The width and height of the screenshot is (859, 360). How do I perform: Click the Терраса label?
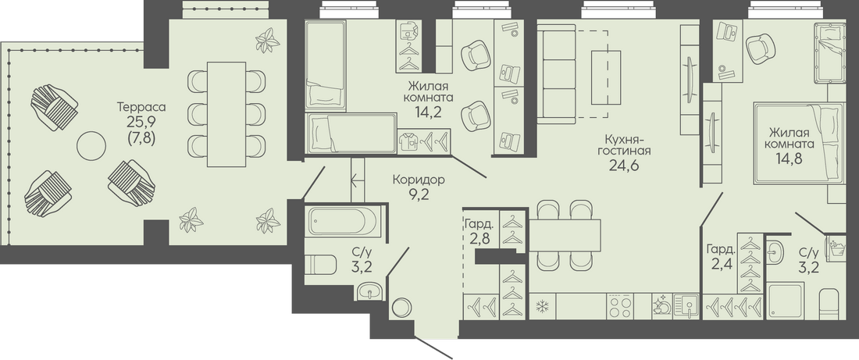click(141, 107)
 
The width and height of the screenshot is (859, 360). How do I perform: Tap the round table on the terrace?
click(91, 146)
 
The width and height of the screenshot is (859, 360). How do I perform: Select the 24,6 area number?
click(624, 165)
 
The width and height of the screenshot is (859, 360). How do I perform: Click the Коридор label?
click(419, 179)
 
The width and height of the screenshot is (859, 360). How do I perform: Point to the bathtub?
click(343, 221)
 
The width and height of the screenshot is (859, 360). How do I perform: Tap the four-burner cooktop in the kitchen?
click(620, 306)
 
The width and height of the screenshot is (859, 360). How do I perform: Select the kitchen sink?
click(686, 306)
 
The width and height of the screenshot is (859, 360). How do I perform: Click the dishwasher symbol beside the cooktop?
click(661, 305)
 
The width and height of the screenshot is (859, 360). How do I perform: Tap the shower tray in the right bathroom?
click(786, 301)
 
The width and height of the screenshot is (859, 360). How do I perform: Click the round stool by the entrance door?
click(403, 307)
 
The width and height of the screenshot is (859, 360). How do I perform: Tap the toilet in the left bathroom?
click(320, 265)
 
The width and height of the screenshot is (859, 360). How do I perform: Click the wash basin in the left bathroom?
click(372, 290)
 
